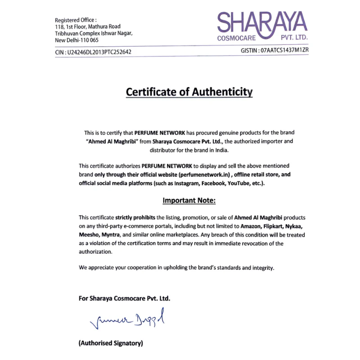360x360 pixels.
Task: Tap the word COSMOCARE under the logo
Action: click(236, 39)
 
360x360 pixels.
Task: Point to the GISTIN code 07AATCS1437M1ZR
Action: click(284, 50)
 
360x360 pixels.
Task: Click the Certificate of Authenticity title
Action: click(189, 92)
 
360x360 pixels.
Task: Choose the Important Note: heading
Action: click(189, 200)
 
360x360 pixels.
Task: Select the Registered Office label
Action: click(76, 20)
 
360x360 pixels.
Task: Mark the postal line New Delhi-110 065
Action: click(77, 40)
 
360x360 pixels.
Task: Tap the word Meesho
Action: click(89, 235)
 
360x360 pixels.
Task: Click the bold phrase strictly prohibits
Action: click(136, 217)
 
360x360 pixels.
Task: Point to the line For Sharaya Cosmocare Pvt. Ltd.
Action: click(125, 298)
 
